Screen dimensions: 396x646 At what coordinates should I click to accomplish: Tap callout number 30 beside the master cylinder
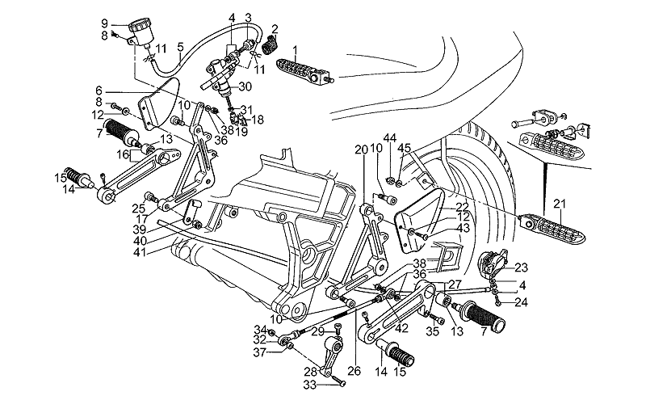tap(245, 87)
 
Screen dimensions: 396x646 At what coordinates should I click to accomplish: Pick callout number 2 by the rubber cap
tap(275, 29)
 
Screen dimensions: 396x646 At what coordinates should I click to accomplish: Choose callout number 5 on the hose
tap(180, 47)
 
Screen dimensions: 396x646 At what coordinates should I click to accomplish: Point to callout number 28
tap(310, 371)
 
